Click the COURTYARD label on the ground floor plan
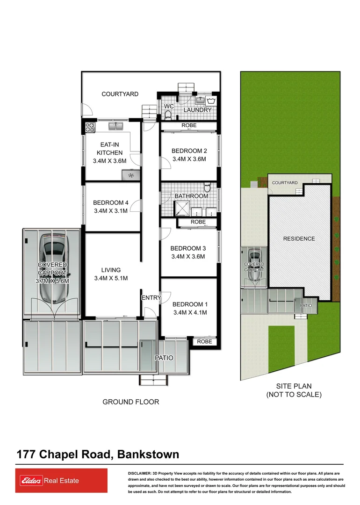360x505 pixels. tap(120, 94)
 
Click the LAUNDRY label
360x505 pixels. tap(197, 110)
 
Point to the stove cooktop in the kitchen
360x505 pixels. tap(90, 126)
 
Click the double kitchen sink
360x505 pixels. tap(115, 126)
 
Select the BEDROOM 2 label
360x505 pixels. tap(189, 151)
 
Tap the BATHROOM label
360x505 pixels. tap(191, 196)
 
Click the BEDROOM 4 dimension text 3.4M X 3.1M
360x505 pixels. tap(110, 211)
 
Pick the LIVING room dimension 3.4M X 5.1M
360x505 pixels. tap(111, 278)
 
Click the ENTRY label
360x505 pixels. tap(151, 298)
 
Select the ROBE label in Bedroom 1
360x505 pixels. tap(204, 342)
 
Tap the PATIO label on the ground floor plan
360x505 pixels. tap(164, 358)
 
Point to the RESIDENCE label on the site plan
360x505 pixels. tap(299, 238)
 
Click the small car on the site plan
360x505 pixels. tap(255, 266)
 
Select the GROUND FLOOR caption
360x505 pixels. tap(131, 402)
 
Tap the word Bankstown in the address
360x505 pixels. tap(148, 454)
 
